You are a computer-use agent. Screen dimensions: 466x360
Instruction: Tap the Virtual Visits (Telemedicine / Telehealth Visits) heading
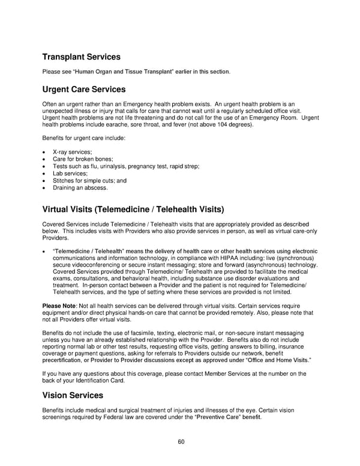coord(133,210)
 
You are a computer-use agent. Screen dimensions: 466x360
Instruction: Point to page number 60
coord(180,442)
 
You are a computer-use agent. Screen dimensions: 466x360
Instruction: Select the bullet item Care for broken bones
coord(79,159)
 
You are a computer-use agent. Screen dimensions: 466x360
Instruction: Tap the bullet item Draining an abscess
coord(80,188)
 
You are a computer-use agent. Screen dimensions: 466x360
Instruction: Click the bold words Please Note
coord(59,306)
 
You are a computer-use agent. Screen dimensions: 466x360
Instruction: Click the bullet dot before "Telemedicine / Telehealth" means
coord(45,251)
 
